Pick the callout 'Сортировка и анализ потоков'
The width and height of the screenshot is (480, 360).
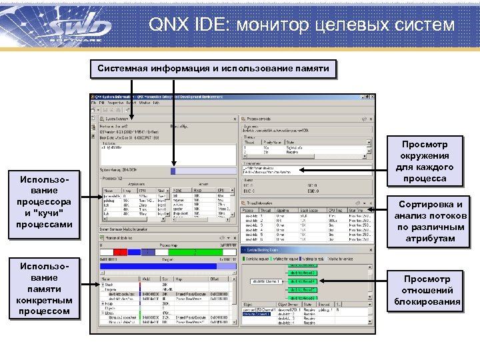pyautogui.click(x=429, y=221)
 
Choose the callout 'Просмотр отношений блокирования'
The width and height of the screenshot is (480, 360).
pyautogui.click(x=427, y=290)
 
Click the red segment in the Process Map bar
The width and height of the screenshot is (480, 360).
pyautogui.click(x=120, y=252)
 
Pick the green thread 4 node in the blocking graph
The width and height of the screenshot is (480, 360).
pyautogui.click(x=303, y=281)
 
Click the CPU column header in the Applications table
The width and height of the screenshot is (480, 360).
pyautogui.click(x=141, y=189)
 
